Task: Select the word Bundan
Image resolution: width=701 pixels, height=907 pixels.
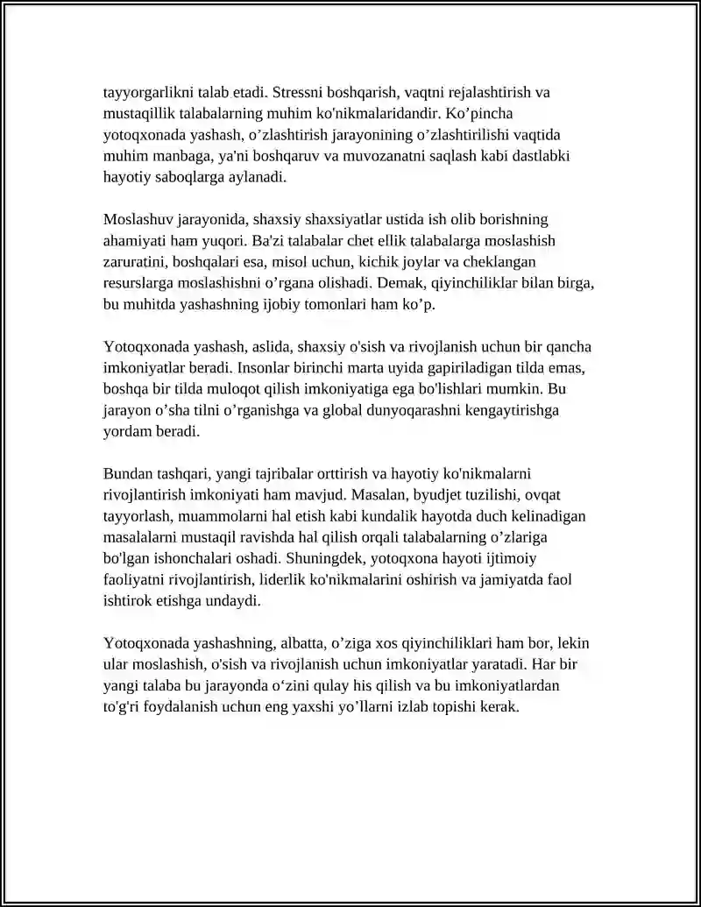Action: (127, 473)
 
